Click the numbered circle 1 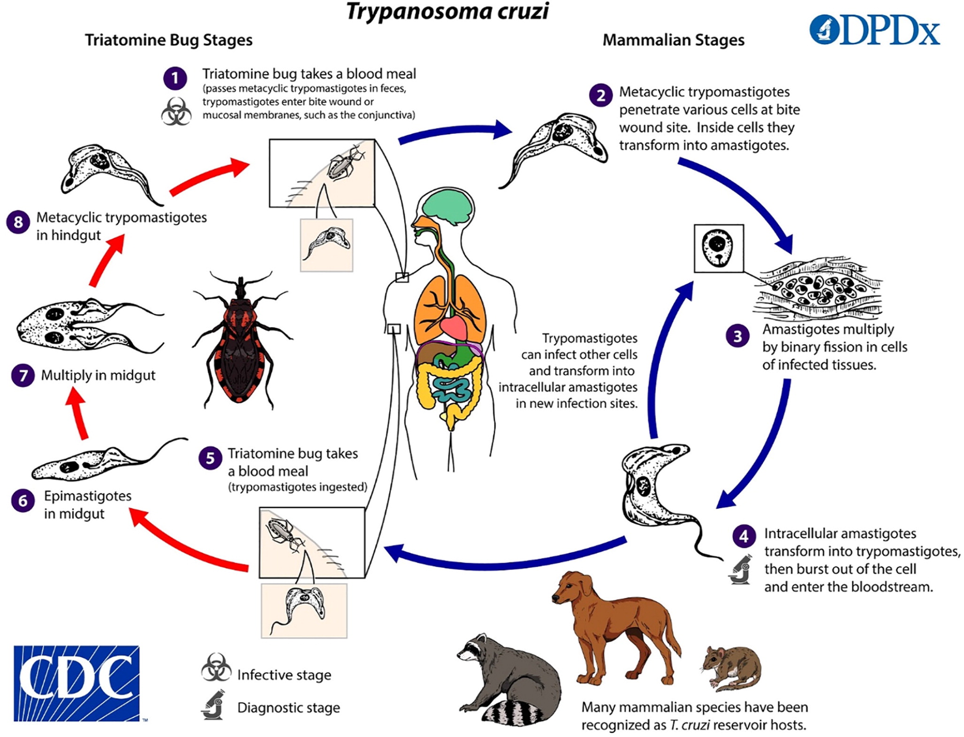point(175,78)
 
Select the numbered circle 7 point(23,375)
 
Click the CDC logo point(77,683)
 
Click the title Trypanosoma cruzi point(447,11)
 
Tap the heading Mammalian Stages point(673,40)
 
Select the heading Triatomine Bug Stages point(169,40)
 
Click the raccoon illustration point(509,680)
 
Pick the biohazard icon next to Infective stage point(216,668)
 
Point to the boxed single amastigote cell point(718,248)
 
